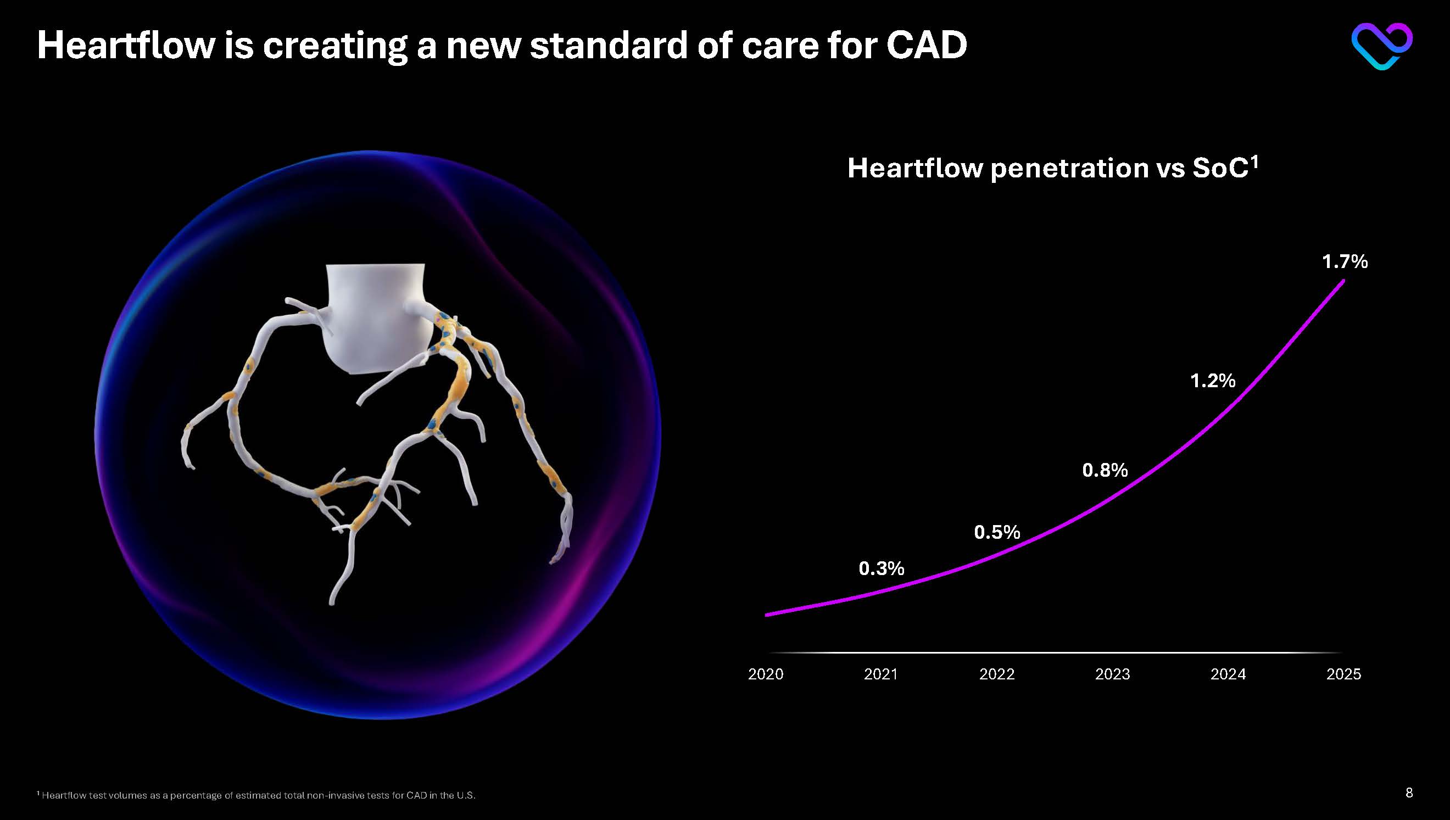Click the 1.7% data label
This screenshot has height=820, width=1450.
(x=1345, y=262)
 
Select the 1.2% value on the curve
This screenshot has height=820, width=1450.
(x=1213, y=381)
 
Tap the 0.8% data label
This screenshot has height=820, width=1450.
(x=1105, y=470)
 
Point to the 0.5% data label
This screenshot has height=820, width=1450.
(x=997, y=532)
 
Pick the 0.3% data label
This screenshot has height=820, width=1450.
(x=882, y=569)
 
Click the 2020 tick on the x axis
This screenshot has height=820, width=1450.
(x=765, y=674)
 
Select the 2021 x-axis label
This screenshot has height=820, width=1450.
(x=880, y=674)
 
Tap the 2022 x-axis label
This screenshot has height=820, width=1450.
(x=997, y=674)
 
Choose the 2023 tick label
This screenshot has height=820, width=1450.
(x=1112, y=674)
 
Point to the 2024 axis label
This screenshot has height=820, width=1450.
(x=1228, y=674)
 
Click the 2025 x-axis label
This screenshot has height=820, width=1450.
(x=1343, y=674)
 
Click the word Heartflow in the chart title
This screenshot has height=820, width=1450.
(x=914, y=169)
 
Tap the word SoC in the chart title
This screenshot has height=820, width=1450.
(x=1220, y=169)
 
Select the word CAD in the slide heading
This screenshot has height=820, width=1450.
(x=927, y=45)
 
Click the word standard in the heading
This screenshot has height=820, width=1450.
(x=607, y=45)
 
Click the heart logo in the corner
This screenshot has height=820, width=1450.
(x=1381, y=46)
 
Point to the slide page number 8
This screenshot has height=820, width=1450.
(x=1409, y=793)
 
